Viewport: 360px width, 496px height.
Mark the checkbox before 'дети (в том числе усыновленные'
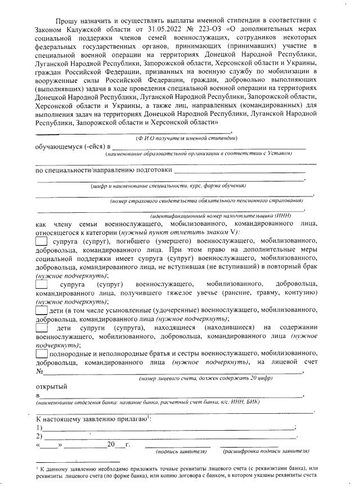41,310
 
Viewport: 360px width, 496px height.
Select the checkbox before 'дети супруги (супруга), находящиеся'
42,329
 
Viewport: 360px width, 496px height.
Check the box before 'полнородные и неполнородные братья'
41,354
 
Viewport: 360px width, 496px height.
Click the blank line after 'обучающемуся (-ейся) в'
208,148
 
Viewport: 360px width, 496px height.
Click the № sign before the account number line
39,372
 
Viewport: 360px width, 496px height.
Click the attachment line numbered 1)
169,429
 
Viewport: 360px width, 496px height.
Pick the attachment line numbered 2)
169,437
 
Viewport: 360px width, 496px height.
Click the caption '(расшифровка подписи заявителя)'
265,452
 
